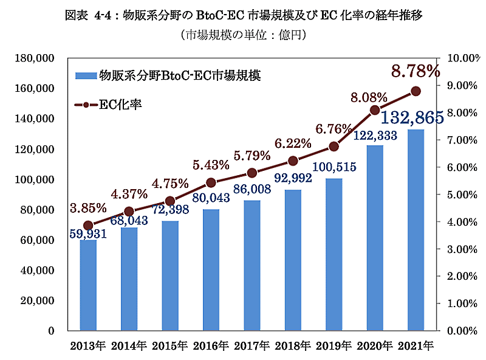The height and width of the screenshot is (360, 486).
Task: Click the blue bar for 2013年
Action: pyautogui.click(x=88, y=286)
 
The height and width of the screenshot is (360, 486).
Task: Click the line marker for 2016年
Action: pyautogui.click(x=211, y=182)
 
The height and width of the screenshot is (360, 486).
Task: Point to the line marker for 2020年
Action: pyautogui.click(x=375, y=110)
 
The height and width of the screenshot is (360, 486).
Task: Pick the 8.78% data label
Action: pyautogui.click(x=416, y=71)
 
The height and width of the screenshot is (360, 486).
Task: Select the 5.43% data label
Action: pyautogui.click(x=211, y=165)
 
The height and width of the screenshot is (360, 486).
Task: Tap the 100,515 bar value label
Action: pyautogui.click(x=334, y=167)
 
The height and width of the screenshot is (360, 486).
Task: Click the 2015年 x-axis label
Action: pyautogui.click(x=169, y=347)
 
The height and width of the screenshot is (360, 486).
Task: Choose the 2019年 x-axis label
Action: pyautogui.click(x=334, y=347)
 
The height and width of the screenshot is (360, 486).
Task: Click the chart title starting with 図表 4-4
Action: pyautogui.click(x=243, y=15)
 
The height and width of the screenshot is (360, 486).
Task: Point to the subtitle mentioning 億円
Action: pyautogui.click(x=243, y=35)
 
